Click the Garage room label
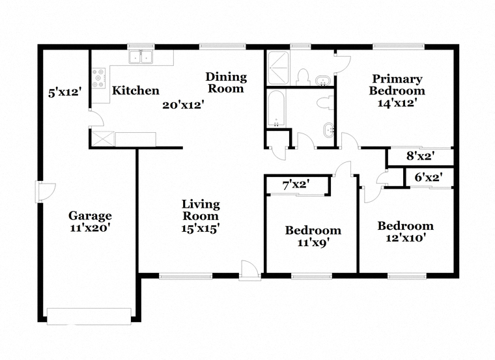click(x=90, y=216)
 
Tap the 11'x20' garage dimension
click(x=90, y=228)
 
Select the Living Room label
click(x=201, y=210)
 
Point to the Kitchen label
click(x=135, y=90)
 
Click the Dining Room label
click(x=226, y=83)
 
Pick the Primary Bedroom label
click(x=397, y=85)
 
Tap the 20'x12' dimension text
click(x=183, y=105)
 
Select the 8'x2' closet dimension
click(x=421, y=156)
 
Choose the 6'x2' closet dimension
click(x=428, y=177)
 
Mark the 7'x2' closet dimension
click(x=296, y=185)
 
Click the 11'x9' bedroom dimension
click(x=313, y=242)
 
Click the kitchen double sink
click(x=141, y=57)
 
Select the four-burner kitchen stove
click(x=100, y=79)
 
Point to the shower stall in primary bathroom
click(x=278, y=68)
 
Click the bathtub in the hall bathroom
click(x=276, y=109)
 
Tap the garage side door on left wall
click(x=45, y=191)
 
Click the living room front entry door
click(x=249, y=271)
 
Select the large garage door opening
click(x=89, y=316)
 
